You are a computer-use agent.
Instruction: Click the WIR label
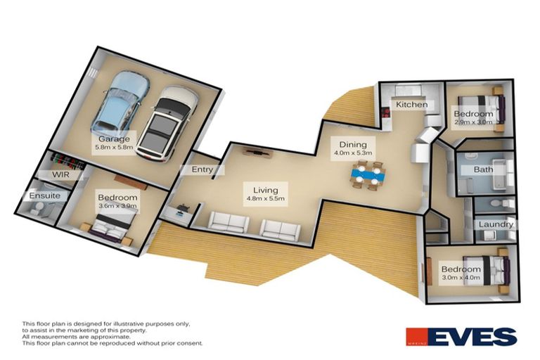[x=58, y=174]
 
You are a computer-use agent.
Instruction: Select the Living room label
[x=262, y=190]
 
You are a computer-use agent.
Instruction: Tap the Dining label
[x=351, y=140]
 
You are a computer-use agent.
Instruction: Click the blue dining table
[x=368, y=175]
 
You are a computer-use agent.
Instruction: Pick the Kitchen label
[x=411, y=105]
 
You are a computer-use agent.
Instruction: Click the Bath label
[x=483, y=169]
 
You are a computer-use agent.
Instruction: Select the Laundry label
[x=496, y=225]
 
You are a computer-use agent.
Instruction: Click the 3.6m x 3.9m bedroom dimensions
[x=117, y=207]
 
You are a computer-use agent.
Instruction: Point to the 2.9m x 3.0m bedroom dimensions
[x=473, y=122]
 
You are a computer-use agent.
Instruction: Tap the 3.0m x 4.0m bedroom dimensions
[x=461, y=278]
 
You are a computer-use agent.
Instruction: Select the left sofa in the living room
[x=229, y=224]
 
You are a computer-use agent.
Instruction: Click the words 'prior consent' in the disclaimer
[x=181, y=343]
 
